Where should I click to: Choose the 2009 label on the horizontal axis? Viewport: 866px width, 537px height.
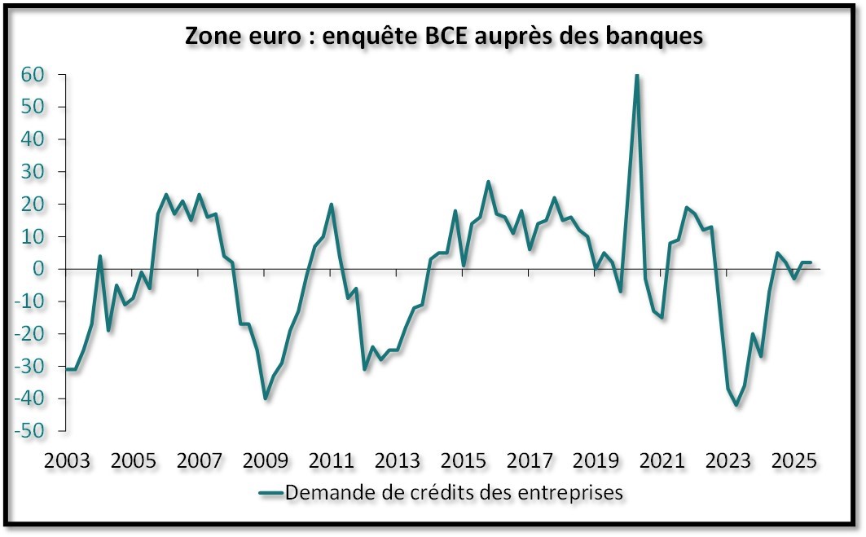click(266, 461)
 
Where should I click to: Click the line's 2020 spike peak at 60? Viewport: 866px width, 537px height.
click(636, 75)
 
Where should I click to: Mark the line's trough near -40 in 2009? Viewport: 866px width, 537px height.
click(266, 398)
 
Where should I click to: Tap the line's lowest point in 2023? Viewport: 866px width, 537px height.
click(736, 405)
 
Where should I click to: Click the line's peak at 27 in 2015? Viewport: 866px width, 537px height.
click(488, 182)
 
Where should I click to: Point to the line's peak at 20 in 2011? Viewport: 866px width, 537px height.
click(332, 205)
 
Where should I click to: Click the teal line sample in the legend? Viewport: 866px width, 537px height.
click(270, 492)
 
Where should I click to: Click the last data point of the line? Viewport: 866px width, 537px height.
click(810, 262)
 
